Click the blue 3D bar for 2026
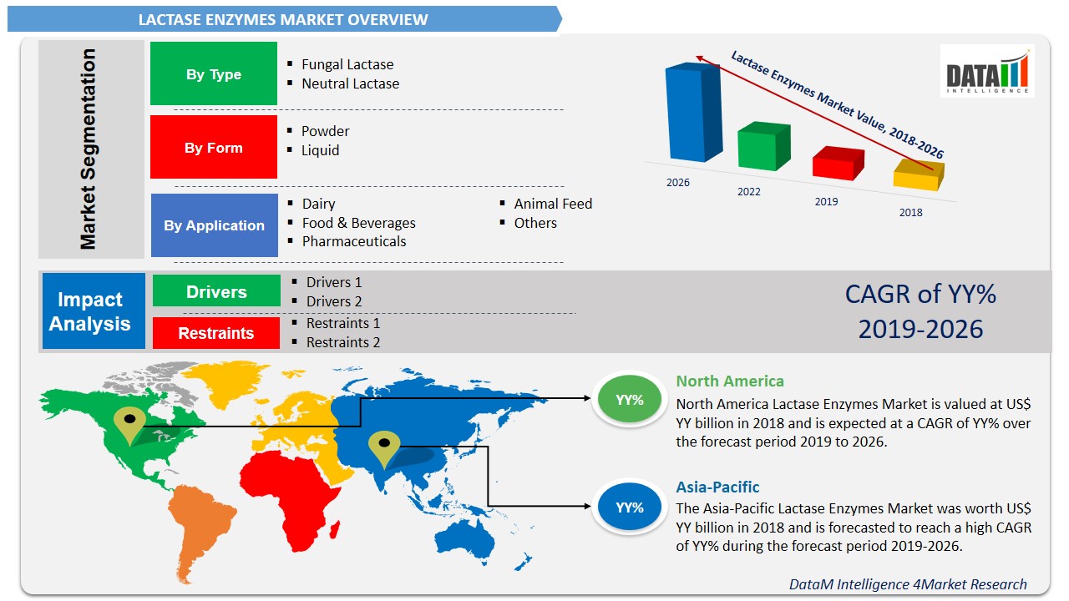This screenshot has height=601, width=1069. (692, 112)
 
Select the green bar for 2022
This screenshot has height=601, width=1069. (763, 147)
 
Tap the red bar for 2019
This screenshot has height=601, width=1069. (837, 163)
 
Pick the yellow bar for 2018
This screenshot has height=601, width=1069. (917, 175)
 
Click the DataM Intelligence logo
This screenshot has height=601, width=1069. (986, 72)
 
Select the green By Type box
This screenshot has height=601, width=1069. (214, 74)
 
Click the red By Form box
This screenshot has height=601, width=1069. (214, 148)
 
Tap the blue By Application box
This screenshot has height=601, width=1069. (215, 225)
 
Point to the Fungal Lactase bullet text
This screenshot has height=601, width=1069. (347, 64)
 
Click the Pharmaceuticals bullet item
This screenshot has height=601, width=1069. (354, 241)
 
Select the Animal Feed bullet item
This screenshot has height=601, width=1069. (553, 204)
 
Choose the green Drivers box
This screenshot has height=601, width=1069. (216, 291)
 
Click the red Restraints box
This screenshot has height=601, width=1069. (216, 333)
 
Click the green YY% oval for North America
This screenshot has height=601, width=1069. (630, 400)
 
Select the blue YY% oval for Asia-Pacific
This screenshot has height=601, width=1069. (630, 507)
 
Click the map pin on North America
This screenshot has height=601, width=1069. (129, 425)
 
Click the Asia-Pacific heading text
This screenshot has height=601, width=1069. (717, 487)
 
